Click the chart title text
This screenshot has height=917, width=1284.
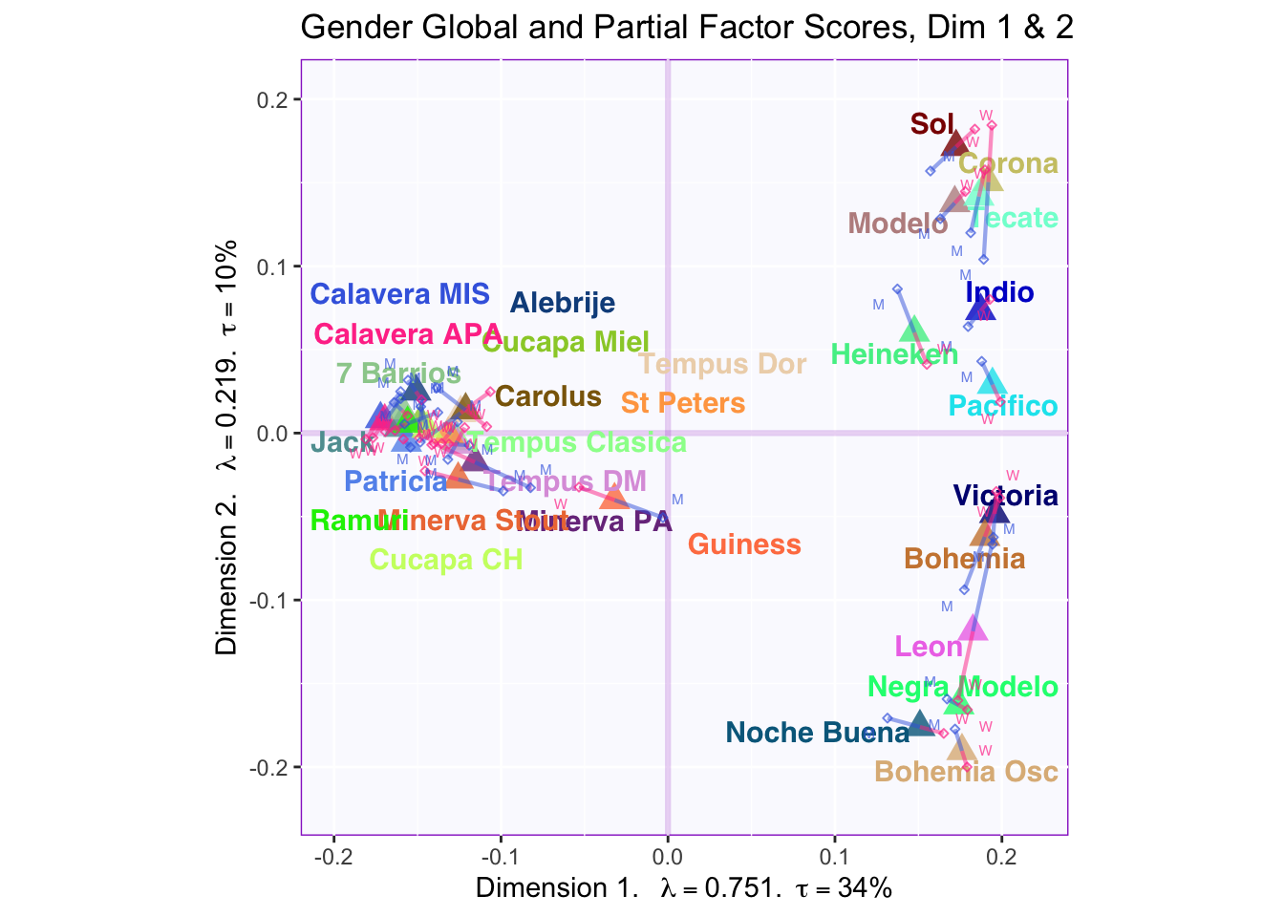pyautogui.click(x=687, y=28)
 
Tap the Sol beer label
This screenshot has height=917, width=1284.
pyautogui.click(x=931, y=124)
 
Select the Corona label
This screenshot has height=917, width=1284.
pyautogui.click(x=1008, y=164)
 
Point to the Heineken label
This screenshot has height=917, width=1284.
pyautogui.click(x=894, y=355)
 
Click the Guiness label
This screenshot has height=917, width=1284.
pyautogui.click(x=744, y=544)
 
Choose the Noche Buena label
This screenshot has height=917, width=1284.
pyautogui.click(x=818, y=734)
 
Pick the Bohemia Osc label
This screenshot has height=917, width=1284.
pyautogui.click(x=966, y=772)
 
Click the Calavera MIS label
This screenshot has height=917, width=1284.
pyautogui.click(x=400, y=294)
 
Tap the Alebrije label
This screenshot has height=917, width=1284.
pyautogui.click(x=562, y=304)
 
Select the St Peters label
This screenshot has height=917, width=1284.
pyautogui.click(x=683, y=403)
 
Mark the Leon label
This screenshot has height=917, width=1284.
pyautogui.click(x=929, y=648)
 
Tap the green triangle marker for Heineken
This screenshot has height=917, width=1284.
pyautogui.click(x=914, y=330)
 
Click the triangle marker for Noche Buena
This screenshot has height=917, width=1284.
pyautogui.click(x=920, y=723)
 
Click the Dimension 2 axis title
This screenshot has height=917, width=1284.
pyautogui.click(x=227, y=449)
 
